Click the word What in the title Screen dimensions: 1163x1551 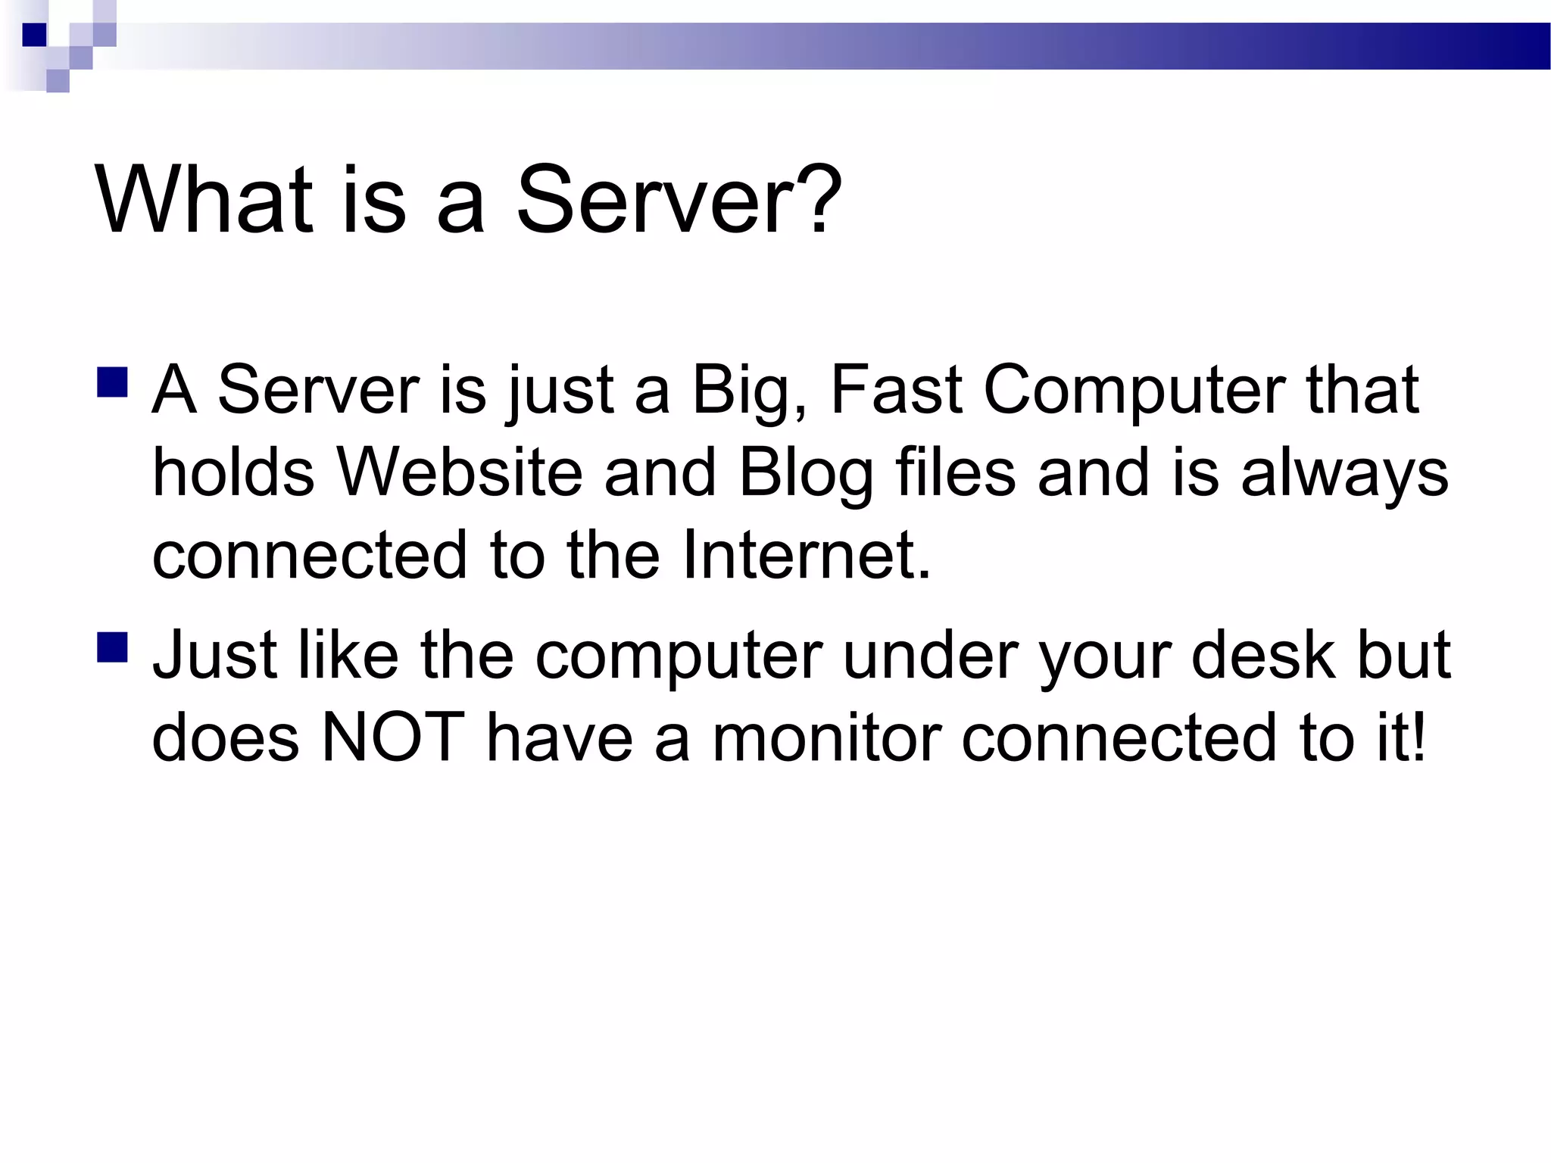pos(203,200)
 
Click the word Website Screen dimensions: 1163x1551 pos(459,472)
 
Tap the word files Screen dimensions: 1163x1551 pos(955,472)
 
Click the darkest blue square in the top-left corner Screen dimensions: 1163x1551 pos(35,35)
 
